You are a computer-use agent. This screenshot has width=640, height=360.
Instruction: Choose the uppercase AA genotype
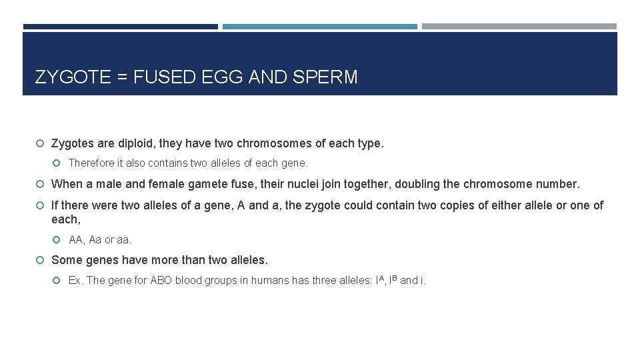76,240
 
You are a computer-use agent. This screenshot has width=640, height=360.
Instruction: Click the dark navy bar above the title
120,27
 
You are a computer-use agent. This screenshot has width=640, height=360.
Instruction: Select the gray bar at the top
519,27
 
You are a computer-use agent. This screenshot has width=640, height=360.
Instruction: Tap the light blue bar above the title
319,27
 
